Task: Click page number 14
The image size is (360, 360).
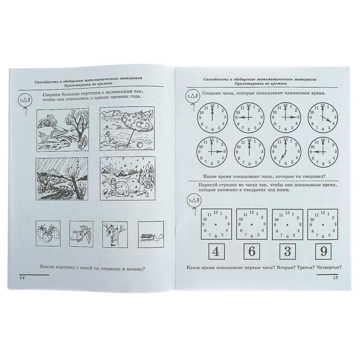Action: pos(22,278)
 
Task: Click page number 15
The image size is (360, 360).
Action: pos(335,278)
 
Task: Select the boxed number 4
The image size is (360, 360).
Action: pos(216,251)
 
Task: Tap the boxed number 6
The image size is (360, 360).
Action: pos(252,251)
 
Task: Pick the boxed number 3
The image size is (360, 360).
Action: pos(287,251)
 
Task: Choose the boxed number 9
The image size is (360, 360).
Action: pos(323,251)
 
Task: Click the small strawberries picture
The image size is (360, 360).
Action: pos(48,233)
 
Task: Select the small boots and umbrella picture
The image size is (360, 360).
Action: pos(81,234)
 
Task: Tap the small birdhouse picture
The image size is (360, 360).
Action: pos(115,235)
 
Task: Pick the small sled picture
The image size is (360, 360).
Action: pos(151,235)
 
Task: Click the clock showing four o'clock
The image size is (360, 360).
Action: pos(323,118)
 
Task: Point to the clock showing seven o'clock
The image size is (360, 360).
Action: pos(285,152)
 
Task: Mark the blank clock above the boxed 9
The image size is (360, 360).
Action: pos(322,224)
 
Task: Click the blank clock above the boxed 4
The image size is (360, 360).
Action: pos(216,224)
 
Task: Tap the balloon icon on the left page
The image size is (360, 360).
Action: pos(25,100)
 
